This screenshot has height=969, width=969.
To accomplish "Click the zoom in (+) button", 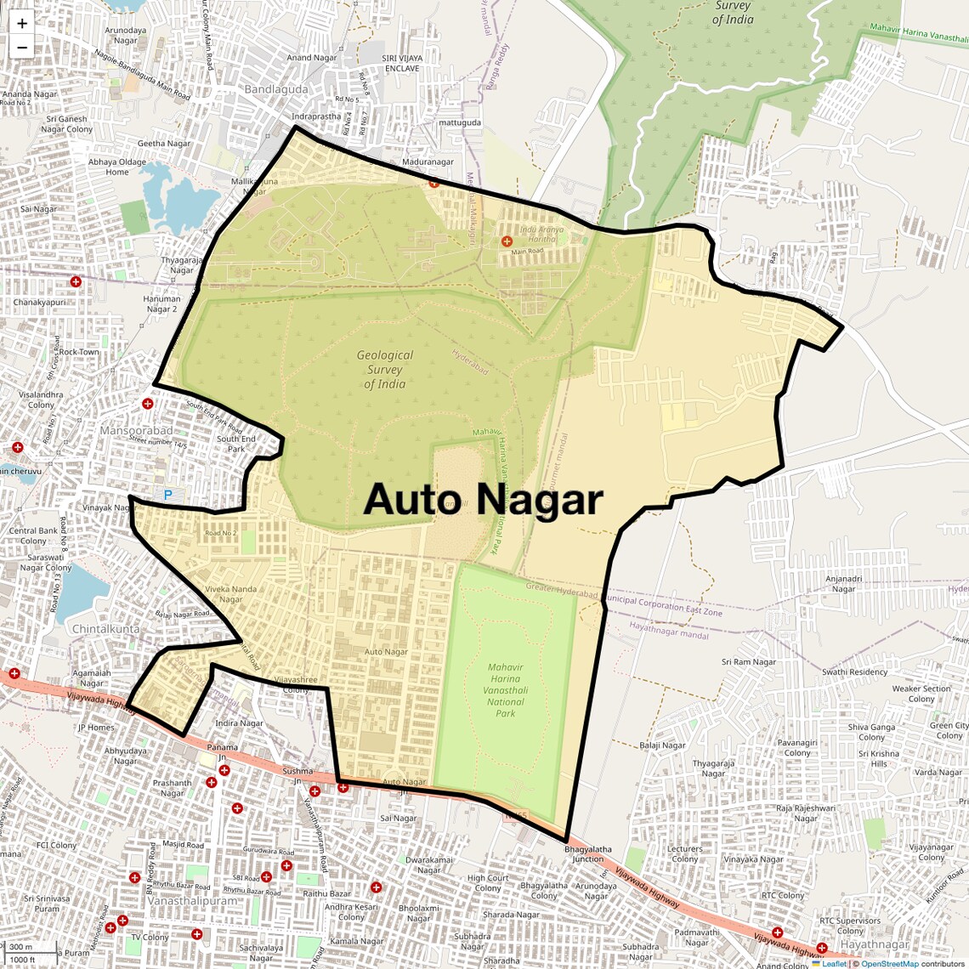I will click(22, 24).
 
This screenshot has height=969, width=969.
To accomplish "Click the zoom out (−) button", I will click(22, 47).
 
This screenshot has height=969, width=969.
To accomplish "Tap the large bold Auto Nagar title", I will click(483, 500).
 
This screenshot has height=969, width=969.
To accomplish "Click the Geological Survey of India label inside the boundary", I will click(385, 370).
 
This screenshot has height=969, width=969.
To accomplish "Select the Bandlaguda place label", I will click(276, 89).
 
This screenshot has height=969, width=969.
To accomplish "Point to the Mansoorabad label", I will click(136, 431).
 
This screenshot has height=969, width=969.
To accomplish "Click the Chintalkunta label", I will click(105, 629).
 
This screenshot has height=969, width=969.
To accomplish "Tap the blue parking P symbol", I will click(167, 495).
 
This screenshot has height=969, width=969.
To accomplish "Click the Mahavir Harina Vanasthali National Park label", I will click(506, 690).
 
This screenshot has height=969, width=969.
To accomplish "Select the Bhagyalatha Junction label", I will click(588, 853).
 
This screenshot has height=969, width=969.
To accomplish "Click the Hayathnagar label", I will click(875, 944).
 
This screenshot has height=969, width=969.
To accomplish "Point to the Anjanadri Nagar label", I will click(843, 584).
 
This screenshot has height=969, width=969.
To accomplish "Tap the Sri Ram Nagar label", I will click(749, 662).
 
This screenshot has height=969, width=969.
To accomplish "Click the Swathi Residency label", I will click(854, 671).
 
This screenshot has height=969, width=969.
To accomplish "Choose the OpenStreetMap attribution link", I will click(890, 964).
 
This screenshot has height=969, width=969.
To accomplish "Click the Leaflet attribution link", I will click(834, 964).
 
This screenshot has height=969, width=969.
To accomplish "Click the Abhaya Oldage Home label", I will click(117, 167).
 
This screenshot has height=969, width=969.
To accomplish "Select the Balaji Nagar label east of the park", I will click(662, 745).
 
